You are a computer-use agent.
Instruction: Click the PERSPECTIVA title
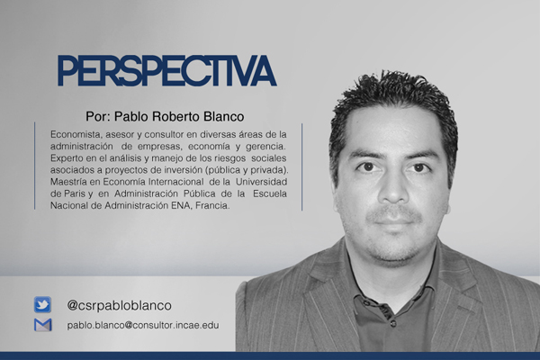pos(167,70)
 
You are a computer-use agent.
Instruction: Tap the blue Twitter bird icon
pos(42,304)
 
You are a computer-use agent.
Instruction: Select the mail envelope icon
pos(43,325)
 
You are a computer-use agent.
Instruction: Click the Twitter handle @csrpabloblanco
pos(119,305)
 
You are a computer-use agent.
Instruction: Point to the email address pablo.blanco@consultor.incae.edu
pos(143,325)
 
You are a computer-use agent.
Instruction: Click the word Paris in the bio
pos(75,193)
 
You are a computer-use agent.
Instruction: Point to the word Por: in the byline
pos(98,116)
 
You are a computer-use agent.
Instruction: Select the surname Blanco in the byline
pos(224,116)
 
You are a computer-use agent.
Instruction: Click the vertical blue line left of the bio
pos(35,166)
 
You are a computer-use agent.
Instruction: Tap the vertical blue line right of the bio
pos(302,167)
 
